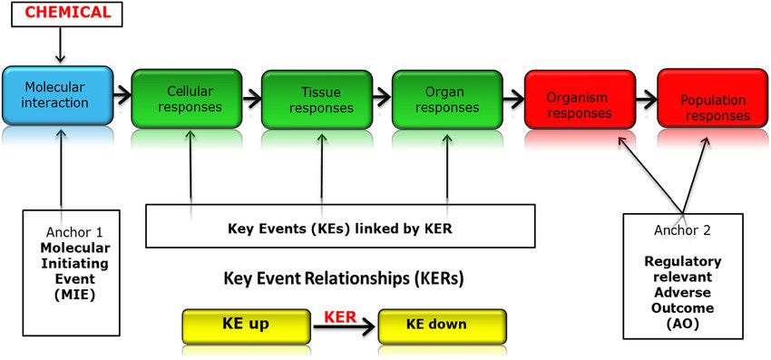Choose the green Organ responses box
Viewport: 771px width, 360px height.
tap(447, 100)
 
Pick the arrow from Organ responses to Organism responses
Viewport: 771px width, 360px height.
tap(512, 95)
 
